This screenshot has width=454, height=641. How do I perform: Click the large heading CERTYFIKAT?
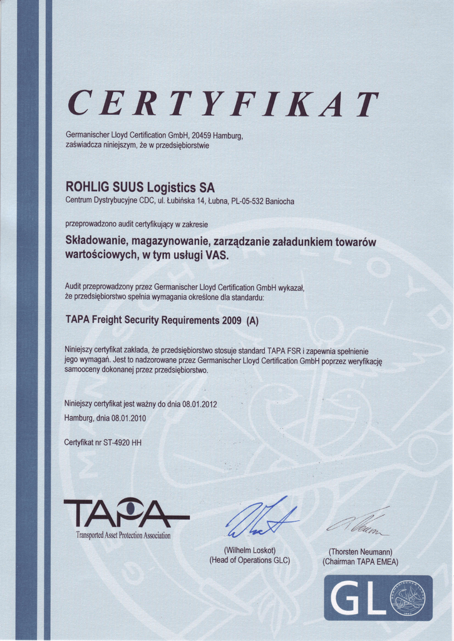click(x=223, y=104)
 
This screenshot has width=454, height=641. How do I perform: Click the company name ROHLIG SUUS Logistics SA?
click(x=140, y=187)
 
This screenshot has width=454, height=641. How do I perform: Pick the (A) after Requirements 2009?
click(x=252, y=320)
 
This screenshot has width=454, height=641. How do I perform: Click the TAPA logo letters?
click(x=125, y=513)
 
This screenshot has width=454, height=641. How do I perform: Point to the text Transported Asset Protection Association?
click(x=123, y=535)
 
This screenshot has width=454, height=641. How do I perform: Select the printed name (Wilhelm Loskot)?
click(x=249, y=550)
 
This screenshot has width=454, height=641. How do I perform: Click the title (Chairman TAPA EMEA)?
click(x=360, y=562)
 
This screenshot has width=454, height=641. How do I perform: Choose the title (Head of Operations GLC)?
click(x=249, y=560)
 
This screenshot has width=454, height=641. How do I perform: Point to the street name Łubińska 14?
click(x=187, y=201)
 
